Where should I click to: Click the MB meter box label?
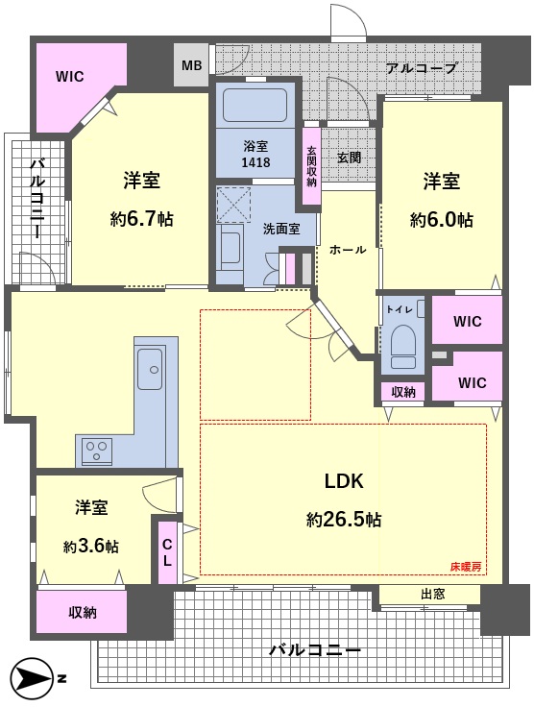pos(191,66)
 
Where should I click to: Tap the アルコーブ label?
pos(422,68)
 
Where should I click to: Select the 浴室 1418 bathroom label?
pos(255,154)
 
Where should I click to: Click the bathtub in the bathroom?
pos(255,105)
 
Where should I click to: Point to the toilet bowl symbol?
pos(403,346)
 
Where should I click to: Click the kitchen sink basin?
pos(150,369)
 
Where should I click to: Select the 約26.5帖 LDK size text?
pos(344,520)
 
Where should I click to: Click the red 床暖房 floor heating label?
pos(466,567)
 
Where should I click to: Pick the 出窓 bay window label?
pos(433,595)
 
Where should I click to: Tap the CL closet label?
pos(167,552)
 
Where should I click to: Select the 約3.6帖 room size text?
pos(91,547)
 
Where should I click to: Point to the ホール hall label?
pos(348,250)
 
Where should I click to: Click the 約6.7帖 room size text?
pos(142,220)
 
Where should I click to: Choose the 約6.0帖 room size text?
pos(442,220)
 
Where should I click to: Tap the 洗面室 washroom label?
pos(281,229)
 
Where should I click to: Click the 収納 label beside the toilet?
pos(402,392)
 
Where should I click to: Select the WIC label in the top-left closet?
pos(70,77)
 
